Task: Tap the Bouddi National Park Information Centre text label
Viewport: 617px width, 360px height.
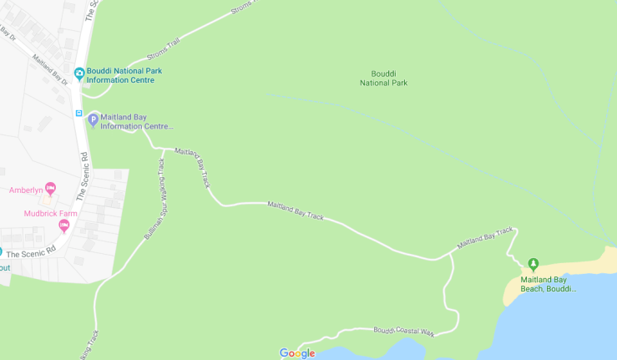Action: coord(124,75)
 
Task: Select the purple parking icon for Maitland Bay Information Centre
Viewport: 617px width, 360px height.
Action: coord(94,120)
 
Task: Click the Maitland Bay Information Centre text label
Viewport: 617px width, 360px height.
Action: coord(137,122)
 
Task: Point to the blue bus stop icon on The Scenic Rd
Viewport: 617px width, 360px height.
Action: coord(79,114)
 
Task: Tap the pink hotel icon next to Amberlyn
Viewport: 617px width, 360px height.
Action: coord(50,189)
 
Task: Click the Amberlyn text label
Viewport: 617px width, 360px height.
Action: coord(26,190)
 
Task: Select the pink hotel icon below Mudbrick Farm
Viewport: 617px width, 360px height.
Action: coord(63,226)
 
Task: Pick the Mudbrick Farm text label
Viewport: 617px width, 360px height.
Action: coord(46,213)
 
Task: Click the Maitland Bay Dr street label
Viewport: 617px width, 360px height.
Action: coord(49,70)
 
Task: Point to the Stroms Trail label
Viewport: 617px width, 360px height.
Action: coord(163,50)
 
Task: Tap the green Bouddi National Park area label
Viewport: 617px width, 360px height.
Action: coord(383,79)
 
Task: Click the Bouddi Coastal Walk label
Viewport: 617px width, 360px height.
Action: coord(404,332)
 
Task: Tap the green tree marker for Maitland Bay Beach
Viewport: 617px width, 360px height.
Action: coord(534,264)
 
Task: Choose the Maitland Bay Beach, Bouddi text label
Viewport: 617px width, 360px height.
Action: coord(549,284)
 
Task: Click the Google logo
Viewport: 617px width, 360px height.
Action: coord(297,353)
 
